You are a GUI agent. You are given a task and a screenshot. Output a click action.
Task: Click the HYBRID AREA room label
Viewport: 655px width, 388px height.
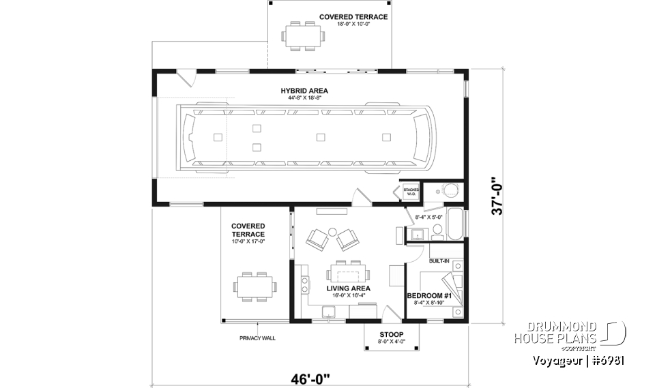(304, 91)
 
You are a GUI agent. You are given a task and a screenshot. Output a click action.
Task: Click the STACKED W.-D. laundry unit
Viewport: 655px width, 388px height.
(411, 192)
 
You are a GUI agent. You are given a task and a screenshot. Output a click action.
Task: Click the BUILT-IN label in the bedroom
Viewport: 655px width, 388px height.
(439, 261)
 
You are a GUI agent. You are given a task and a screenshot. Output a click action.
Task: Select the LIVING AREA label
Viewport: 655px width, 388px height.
(348, 288)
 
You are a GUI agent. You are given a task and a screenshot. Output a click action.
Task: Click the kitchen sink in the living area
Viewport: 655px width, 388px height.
(329, 312)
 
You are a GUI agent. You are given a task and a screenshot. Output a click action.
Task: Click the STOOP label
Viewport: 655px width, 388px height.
(392, 335)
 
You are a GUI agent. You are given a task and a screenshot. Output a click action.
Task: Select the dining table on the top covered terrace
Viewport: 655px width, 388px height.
(301, 35)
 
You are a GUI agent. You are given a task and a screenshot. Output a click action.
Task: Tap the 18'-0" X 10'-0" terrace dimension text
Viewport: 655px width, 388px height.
(353, 25)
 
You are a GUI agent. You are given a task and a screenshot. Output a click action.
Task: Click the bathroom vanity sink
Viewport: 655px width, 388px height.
(417, 235)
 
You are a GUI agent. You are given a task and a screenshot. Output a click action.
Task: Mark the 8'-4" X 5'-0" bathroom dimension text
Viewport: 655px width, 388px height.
(429, 218)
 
